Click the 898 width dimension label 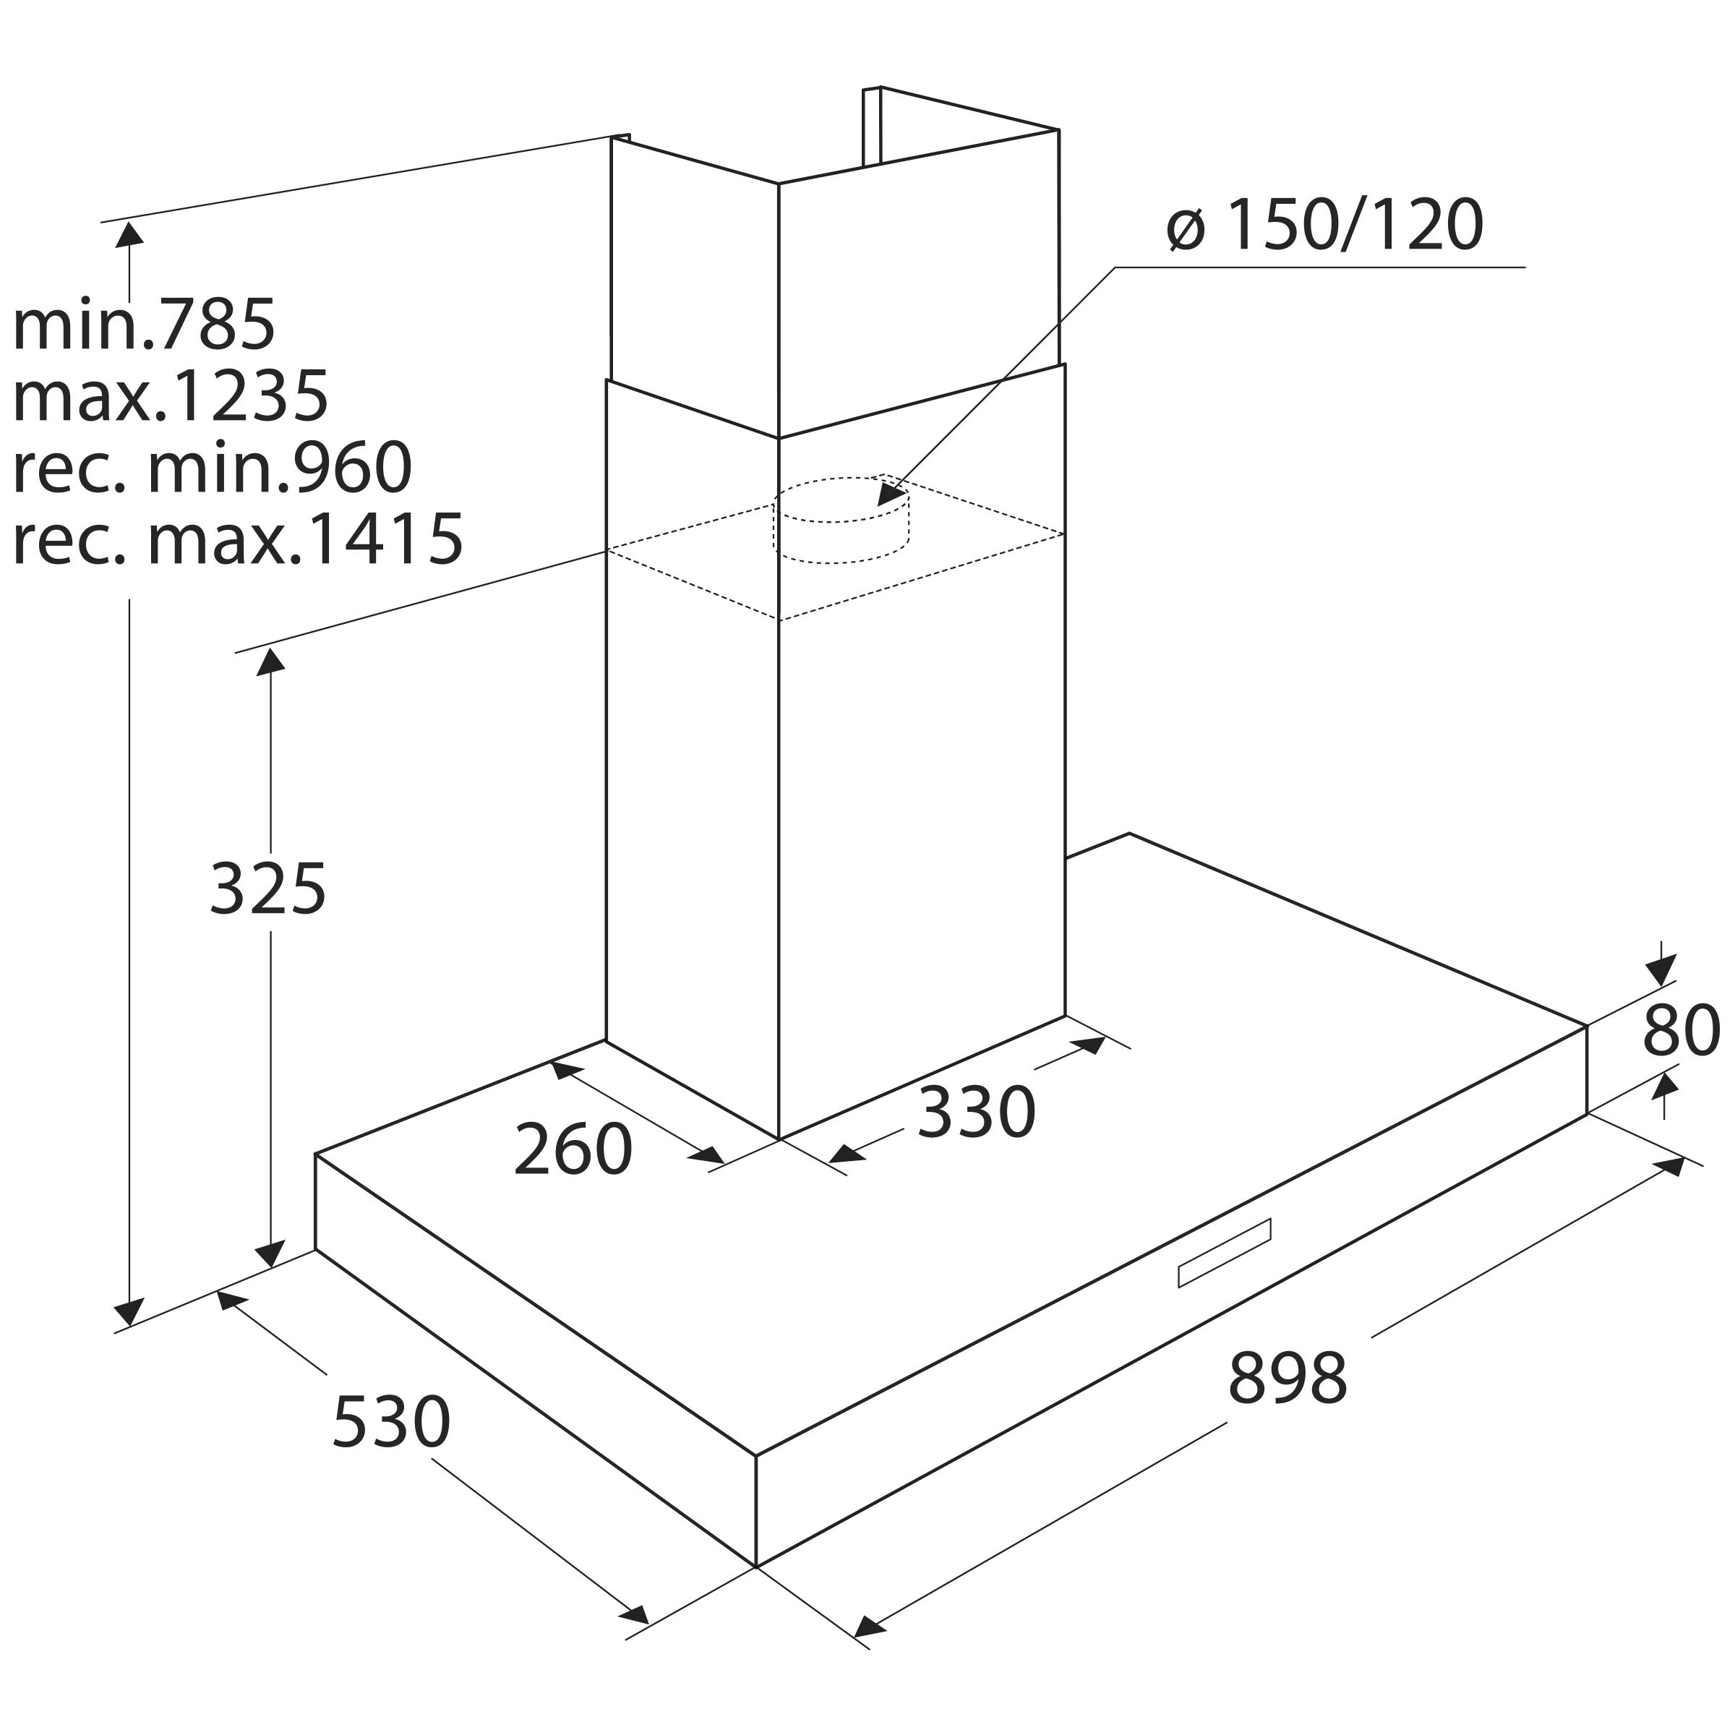(1288, 1378)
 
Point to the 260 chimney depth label (573, 1149)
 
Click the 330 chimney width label (976, 1112)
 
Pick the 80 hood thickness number (1681, 1031)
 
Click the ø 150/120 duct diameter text (1324, 225)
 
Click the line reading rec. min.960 (213, 467)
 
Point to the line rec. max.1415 (238, 539)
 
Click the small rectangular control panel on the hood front (1224, 1253)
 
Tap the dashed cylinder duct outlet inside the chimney (841, 520)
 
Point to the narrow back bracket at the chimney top (871, 126)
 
